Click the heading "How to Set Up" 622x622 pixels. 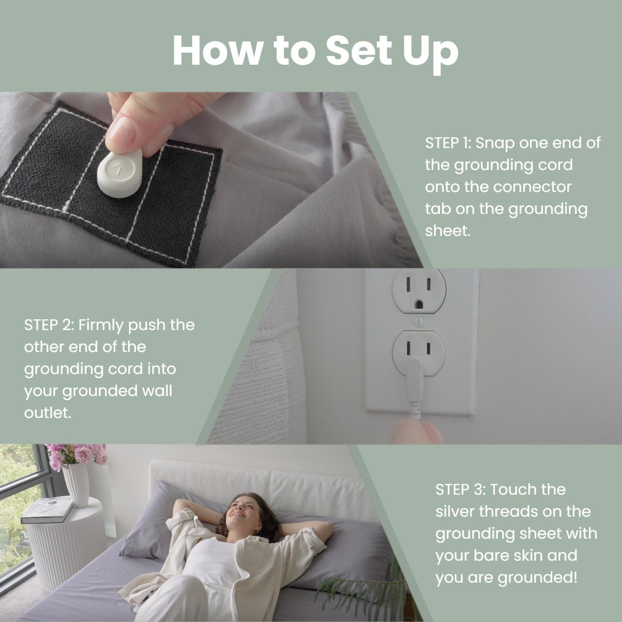point(315,51)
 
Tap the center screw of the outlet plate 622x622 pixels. point(418,321)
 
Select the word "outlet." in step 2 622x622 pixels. point(48,413)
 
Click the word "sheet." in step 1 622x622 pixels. point(448,230)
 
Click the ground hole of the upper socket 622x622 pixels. point(420,304)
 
